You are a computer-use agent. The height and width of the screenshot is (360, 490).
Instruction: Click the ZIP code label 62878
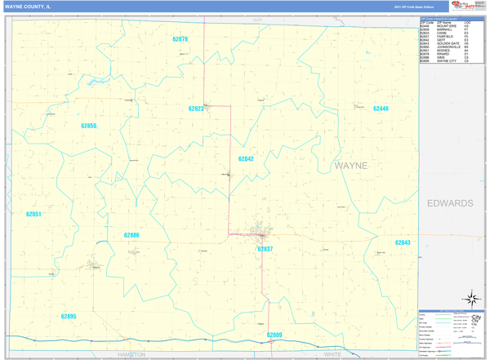pos(180,39)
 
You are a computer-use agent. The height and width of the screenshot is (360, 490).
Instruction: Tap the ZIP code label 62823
pos(196,109)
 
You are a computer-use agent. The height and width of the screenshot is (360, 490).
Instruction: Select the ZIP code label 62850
pos(88,126)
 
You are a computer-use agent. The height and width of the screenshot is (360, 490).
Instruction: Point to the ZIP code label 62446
pos(381,109)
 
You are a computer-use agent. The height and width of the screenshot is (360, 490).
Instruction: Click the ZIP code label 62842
pos(246,159)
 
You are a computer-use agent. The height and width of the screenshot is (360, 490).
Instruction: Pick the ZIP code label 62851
pos(33,214)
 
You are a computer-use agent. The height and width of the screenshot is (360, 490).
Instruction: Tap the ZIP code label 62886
pos(131,235)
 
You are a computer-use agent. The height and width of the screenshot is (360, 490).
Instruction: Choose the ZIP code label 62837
pos(265,249)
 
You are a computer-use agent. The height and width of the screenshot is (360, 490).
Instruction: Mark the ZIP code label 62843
pos(403,242)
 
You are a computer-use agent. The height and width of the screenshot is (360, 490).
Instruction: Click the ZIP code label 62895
pos(69,316)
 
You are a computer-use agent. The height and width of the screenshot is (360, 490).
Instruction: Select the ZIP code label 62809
pos(274,335)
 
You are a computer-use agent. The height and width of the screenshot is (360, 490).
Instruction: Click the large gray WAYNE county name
pos(351,166)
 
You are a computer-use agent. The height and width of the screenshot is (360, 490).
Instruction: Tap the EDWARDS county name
pos(450,203)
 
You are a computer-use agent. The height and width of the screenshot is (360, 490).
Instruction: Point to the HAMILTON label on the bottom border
pos(131,355)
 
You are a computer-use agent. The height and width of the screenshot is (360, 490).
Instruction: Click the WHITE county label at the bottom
pos(332,355)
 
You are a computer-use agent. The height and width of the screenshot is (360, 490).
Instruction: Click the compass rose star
pos(470,299)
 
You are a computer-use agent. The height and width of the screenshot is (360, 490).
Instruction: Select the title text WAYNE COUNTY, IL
pos(27,6)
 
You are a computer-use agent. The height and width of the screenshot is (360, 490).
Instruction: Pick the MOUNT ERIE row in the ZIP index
pos(446,26)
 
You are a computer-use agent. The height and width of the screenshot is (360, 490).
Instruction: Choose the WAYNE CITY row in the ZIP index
pos(446,61)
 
